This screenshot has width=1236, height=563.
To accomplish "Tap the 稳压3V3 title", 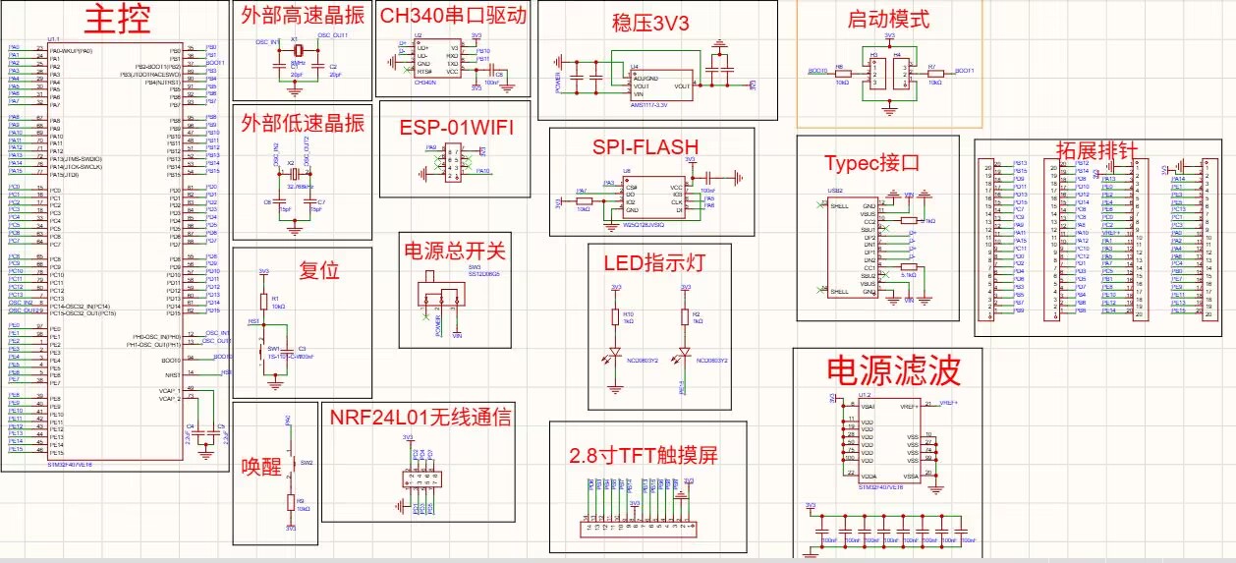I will (x=653, y=22).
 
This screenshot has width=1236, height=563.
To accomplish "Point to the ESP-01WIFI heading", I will (x=456, y=129).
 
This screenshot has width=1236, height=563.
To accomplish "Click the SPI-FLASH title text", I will (x=645, y=147).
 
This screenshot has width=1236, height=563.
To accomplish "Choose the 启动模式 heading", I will (x=887, y=19).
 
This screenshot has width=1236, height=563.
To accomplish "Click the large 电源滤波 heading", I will (x=892, y=370).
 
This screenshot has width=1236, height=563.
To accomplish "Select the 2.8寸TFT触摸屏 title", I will (x=644, y=456).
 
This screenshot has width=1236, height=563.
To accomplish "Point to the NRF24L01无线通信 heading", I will (x=421, y=417).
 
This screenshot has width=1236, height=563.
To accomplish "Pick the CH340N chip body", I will (x=425, y=60).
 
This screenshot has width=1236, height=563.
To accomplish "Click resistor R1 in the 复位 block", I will (x=262, y=303).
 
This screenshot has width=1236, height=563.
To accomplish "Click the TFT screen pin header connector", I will (x=640, y=528).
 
